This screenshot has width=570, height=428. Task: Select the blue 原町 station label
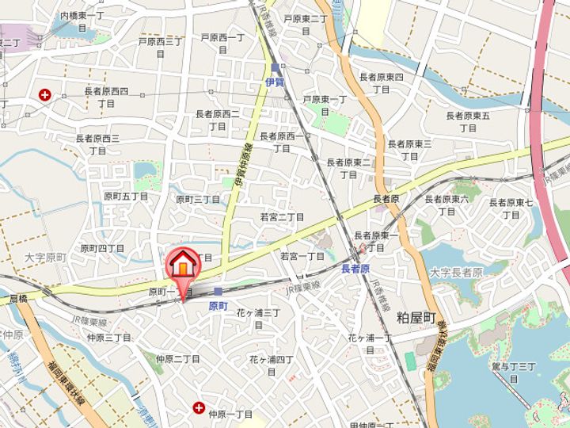pyautogui.click(x=218, y=305)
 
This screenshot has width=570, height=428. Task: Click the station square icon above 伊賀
pyautogui.click(x=275, y=67)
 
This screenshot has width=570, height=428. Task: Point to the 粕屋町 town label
pyautogui.click(x=416, y=317)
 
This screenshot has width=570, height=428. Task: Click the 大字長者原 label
pyautogui.click(x=456, y=272)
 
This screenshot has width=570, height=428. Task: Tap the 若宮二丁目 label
pyautogui.click(x=282, y=216)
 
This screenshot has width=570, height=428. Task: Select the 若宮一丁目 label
pyautogui.click(x=302, y=256)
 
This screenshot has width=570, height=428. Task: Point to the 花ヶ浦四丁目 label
pyautogui.click(x=272, y=365)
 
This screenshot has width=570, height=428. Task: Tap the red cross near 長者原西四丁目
pyautogui.click(x=44, y=95)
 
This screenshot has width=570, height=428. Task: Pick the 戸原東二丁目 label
pyautogui.click(x=305, y=25)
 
